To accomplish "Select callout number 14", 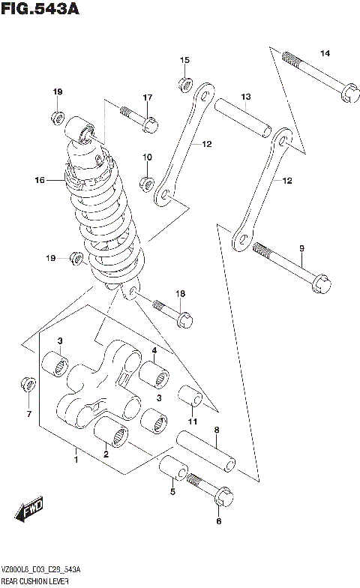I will click(x=325, y=52).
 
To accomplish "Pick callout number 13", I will click(x=245, y=97).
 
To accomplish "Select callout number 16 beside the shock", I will click(x=39, y=180).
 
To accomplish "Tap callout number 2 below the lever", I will click(x=106, y=454).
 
